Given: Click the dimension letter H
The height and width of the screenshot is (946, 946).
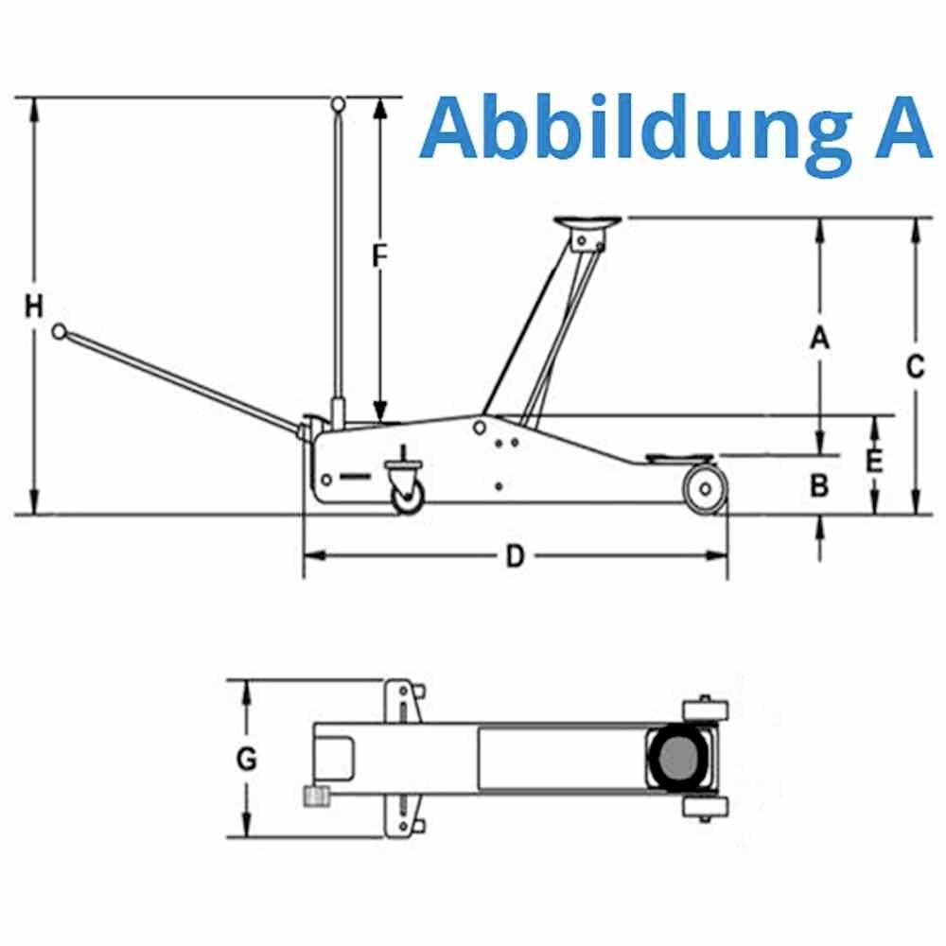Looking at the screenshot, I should [x=34, y=307].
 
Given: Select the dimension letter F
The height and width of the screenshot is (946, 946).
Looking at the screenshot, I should [x=379, y=256].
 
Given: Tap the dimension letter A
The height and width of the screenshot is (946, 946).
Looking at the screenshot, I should [x=820, y=337].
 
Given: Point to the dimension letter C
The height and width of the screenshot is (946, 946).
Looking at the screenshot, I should [x=914, y=366].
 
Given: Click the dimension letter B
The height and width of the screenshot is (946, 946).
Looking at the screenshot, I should [x=820, y=485].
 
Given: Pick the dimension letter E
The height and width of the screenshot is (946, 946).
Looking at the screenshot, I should [x=875, y=461].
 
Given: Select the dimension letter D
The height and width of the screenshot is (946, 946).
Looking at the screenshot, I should [x=514, y=556].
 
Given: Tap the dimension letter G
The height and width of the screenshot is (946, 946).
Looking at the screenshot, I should [x=247, y=760].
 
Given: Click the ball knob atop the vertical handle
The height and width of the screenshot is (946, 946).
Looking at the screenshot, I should [x=338, y=103].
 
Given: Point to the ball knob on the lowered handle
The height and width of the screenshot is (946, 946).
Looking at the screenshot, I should [x=60, y=332].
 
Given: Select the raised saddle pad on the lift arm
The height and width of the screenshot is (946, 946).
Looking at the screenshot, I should [x=587, y=223].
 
